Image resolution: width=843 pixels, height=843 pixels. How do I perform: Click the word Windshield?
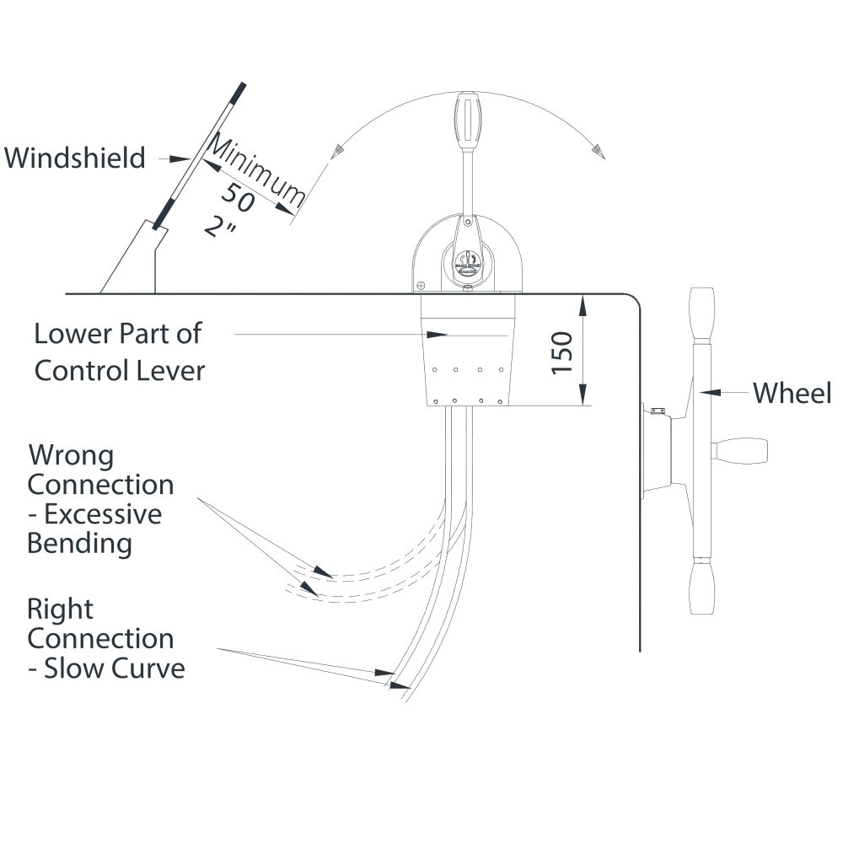75,158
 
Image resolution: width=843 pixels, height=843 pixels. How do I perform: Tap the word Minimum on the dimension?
255,170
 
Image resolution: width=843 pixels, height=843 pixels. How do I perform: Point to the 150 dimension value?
562,352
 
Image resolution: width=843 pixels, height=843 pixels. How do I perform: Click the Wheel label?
792,392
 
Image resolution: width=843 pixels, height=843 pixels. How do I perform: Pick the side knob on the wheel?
743,448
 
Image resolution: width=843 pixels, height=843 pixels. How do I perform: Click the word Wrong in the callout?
71,456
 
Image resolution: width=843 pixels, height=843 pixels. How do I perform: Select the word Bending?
79,543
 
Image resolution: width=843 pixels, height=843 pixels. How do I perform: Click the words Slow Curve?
114,668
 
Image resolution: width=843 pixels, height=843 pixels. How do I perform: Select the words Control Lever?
119,370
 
